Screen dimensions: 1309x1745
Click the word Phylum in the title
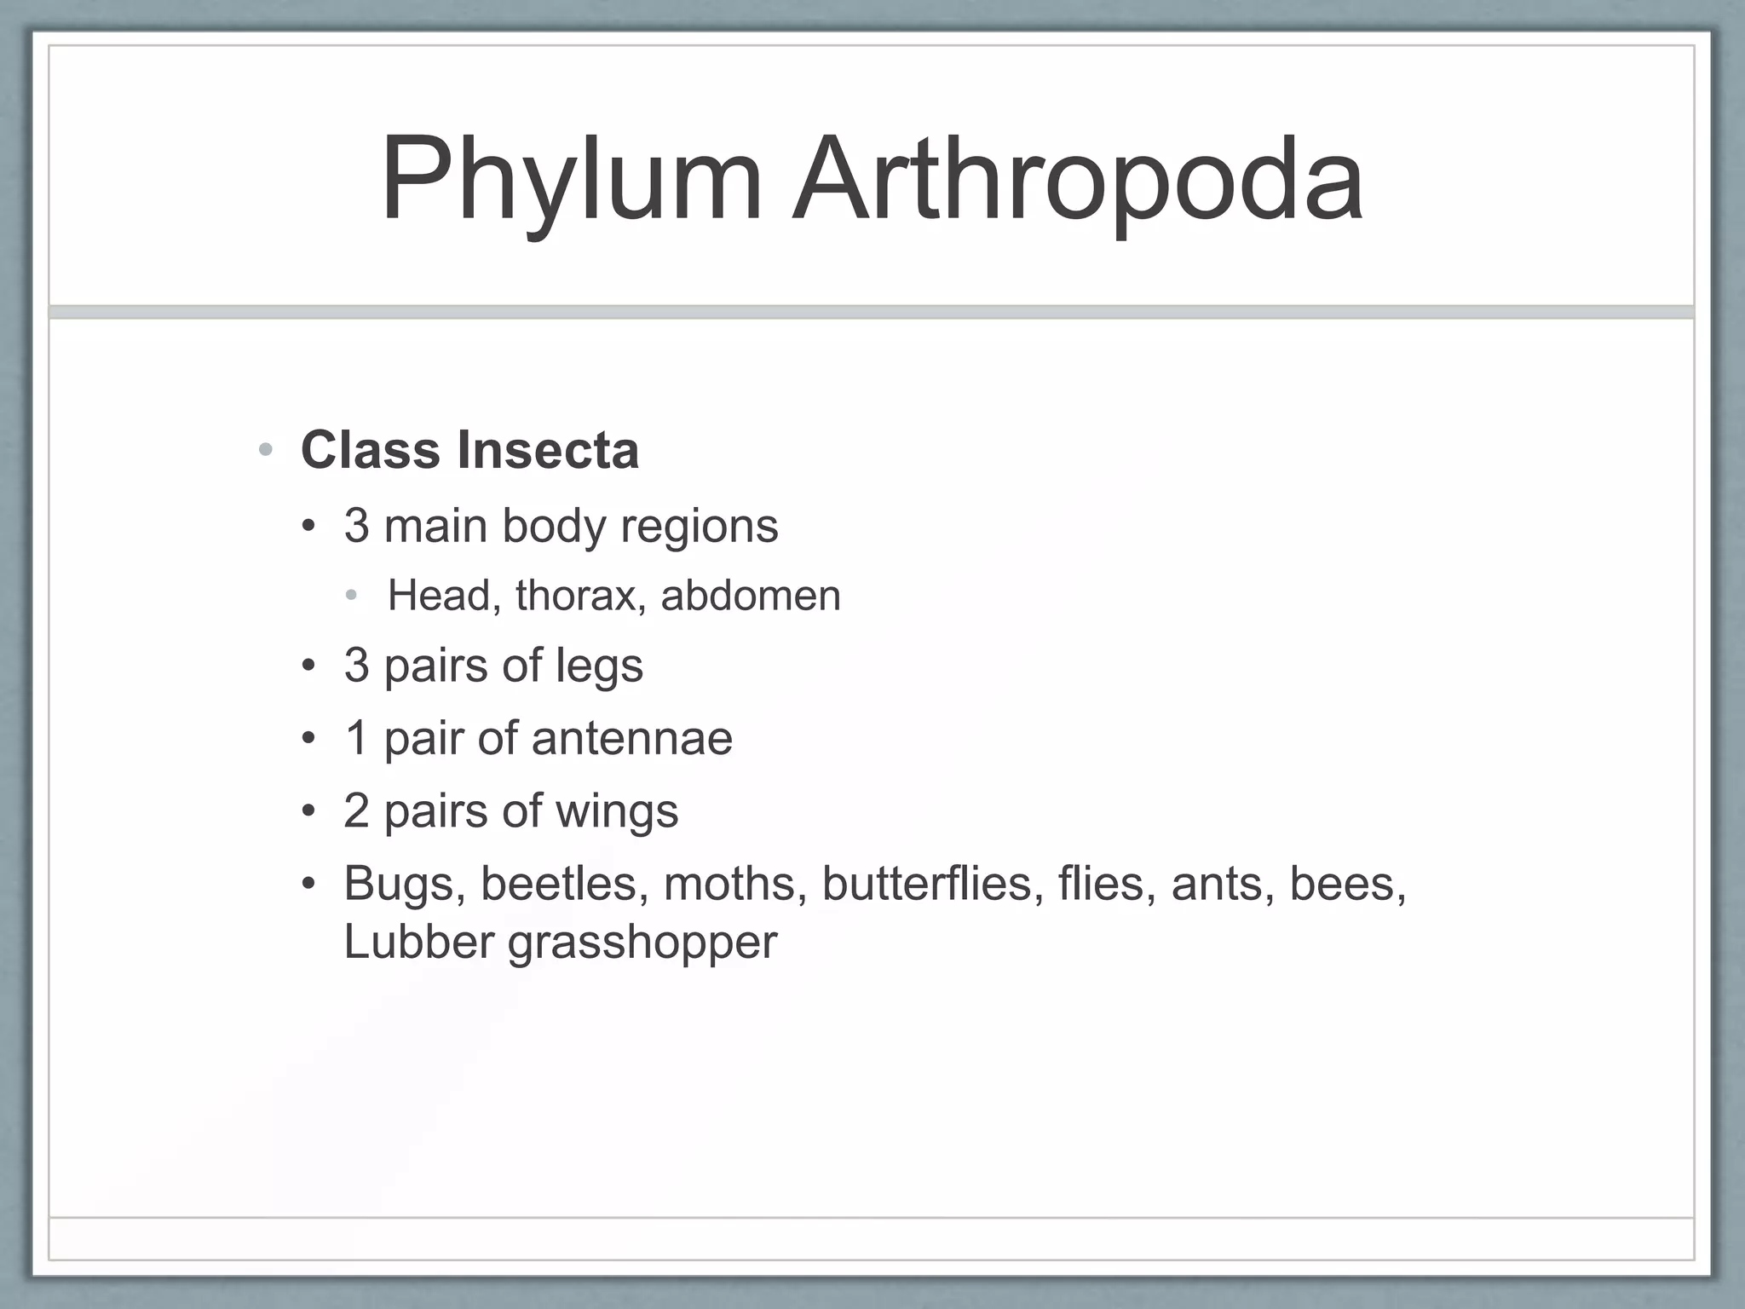coord(570,181)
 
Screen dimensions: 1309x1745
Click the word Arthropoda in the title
coord(1077,181)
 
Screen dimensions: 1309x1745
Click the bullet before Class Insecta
coord(266,450)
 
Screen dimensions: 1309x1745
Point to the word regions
coord(699,527)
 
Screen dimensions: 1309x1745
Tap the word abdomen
coord(751,595)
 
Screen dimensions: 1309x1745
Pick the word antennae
coord(631,738)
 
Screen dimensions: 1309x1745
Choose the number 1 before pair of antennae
coord(357,738)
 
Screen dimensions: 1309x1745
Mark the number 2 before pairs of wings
coord(356,810)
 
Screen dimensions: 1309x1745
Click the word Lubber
coord(418,942)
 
